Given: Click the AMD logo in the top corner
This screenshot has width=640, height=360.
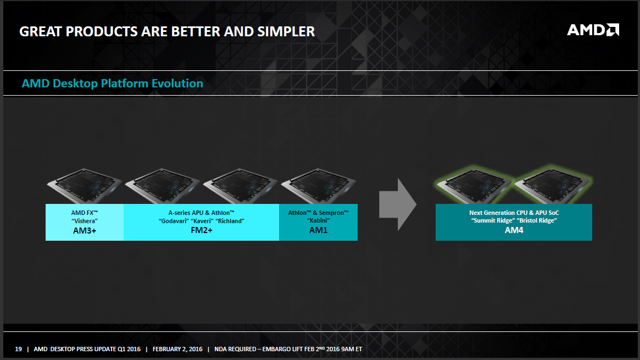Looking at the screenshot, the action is pos(593,30).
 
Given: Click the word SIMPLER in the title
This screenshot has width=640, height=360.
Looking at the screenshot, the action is pos(286,31).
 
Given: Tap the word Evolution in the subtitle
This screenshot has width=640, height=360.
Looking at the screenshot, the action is pos(177,83).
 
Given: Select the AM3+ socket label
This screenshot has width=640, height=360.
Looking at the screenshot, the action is pos(85,231).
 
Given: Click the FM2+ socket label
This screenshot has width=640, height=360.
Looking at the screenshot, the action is pos(202,230).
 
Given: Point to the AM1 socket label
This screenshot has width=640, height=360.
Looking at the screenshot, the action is pos(319,230).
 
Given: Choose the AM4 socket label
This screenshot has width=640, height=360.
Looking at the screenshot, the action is pos(514,230).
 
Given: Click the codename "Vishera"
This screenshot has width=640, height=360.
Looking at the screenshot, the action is pos(85,221).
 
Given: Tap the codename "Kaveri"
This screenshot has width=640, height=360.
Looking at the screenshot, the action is pos(202,221).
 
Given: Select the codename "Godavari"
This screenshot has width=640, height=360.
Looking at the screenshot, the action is pos(174,221).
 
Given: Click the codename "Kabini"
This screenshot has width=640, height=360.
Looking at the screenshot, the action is pos(319,220).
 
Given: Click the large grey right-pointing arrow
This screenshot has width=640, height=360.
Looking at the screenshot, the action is pos(398,204).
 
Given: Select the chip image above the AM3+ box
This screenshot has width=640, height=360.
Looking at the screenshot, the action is pos(85,186).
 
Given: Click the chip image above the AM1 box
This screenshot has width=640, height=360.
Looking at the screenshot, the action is pos(319,186).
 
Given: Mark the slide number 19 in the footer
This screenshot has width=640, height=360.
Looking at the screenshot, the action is pos(18,349).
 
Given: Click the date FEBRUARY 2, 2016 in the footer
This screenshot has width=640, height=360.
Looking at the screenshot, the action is pos(177,349).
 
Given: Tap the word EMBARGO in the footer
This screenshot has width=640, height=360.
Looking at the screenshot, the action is pos(276,349).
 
